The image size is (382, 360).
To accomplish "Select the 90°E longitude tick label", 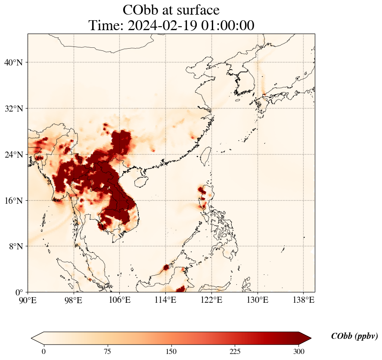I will (x=28, y=299).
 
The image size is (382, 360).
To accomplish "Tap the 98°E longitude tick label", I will (x=74, y=299).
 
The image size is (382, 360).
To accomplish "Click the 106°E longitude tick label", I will (x=120, y=299).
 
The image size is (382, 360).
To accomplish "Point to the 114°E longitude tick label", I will (x=165, y=299).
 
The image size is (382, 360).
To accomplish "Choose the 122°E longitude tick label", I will (x=211, y=299).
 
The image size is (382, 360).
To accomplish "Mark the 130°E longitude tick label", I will (x=257, y=299).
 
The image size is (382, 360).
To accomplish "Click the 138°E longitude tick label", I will (x=303, y=299).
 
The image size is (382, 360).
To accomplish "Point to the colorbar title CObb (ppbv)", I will (x=354, y=336).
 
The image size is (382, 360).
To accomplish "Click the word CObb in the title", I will (x=142, y=10).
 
